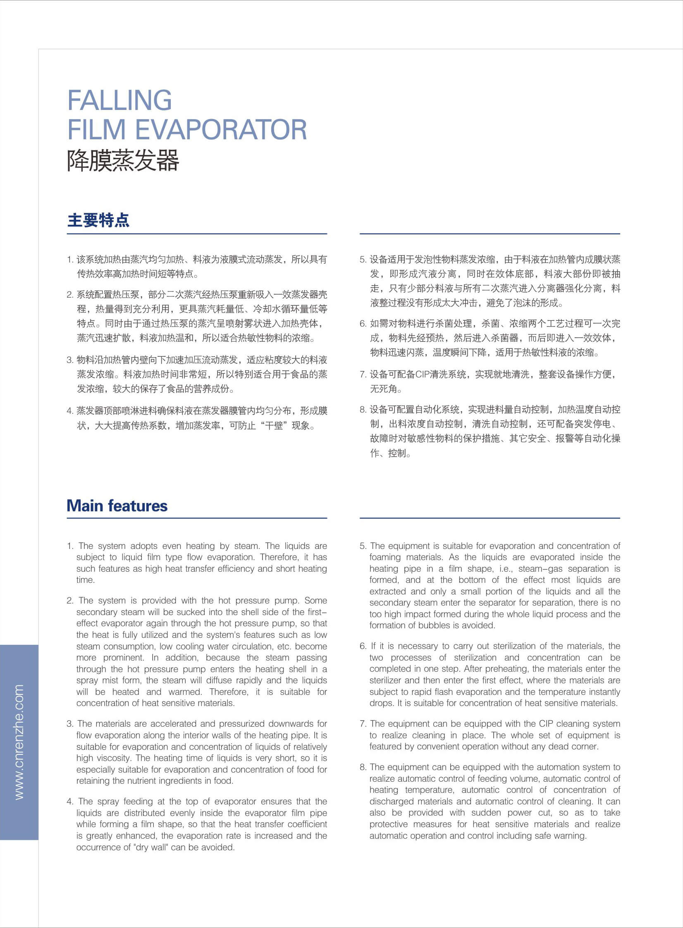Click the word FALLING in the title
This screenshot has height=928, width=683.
[119, 100]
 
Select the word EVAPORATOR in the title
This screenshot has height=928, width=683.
[221, 130]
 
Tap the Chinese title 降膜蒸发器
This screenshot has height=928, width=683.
[123, 160]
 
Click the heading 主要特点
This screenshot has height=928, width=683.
[98, 220]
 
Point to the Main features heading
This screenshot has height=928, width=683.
[117, 506]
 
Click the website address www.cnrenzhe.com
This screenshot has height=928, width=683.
[19, 742]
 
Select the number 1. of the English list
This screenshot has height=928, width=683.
[70, 546]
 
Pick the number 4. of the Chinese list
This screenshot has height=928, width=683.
[70, 411]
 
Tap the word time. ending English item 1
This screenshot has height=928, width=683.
[86, 580]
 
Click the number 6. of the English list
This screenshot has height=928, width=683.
[363, 646]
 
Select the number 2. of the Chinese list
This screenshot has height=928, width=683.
[70, 295]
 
